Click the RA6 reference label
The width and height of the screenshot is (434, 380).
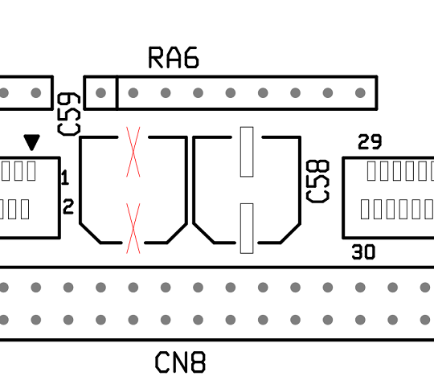(x=174, y=57)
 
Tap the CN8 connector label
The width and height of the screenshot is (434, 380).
(x=180, y=362)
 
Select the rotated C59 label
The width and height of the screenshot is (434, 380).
(x=69, y=114)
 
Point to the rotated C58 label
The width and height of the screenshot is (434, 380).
(x=317, y=182)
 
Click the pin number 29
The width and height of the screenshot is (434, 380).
(x=370, y=141)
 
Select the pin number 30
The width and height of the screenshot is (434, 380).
(x=363, y=251)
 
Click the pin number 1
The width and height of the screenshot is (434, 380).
(x=65, y=177)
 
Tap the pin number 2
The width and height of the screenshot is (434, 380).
(x=68, y=206)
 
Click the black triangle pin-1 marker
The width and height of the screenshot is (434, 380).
(x=32, y=142)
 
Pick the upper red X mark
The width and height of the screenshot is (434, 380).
(x=133, y=152)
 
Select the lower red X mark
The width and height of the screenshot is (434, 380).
(x=133, y=228)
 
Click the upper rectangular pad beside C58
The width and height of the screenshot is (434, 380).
(x=247, y=152)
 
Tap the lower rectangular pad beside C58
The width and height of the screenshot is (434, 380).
(x=247, y=228)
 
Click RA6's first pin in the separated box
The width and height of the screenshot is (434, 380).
(x=100, y=92)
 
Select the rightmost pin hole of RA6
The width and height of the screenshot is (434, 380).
(x=360, y=92)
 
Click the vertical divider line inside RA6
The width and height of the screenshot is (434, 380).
(x=117, y=92)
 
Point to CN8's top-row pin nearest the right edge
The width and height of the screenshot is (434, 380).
(x=425, y=288)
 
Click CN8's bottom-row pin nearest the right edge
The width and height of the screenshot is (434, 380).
(x=425, y=320)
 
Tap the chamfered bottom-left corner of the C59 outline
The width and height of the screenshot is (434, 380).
(x=90, y=233)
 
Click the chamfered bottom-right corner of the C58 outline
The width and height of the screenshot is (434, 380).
(x=290, y=233)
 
